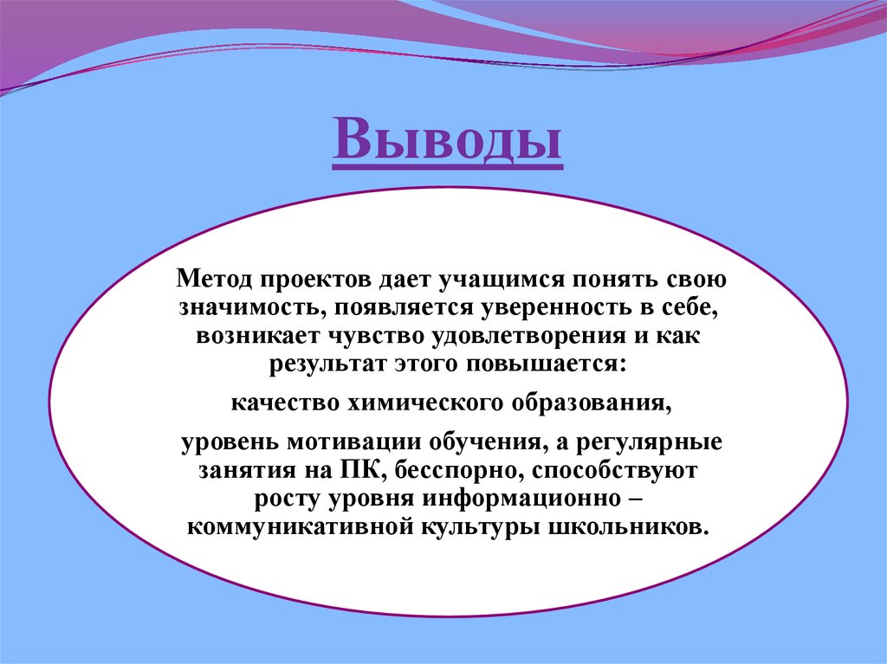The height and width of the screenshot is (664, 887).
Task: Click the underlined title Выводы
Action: pos(447,140)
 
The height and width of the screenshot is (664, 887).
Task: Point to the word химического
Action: pos(423,403)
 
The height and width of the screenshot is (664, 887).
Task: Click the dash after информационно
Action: pos(629,499)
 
